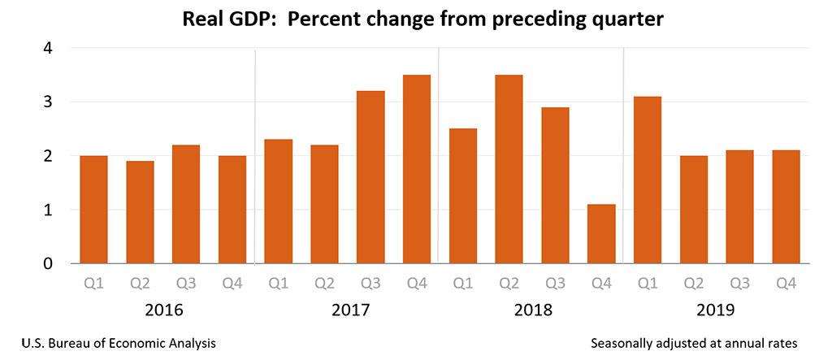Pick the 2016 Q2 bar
140,212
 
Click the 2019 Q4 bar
786,206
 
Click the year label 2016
163,310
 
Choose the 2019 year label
716,310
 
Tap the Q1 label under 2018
463,284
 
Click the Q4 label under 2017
417,284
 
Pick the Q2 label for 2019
693,284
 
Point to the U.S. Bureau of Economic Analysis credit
114,343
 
